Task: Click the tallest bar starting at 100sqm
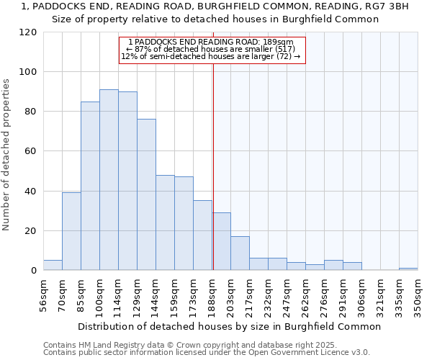(109, 180)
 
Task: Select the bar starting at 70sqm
(71, 231)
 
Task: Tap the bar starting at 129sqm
(146, 194)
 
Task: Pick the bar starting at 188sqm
(222, 241)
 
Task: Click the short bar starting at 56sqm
(53, 265)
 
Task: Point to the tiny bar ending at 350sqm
(408, 269)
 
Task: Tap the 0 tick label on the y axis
(33, 271)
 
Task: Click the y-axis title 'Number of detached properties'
(7, 155)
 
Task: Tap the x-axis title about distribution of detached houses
(229, 326)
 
